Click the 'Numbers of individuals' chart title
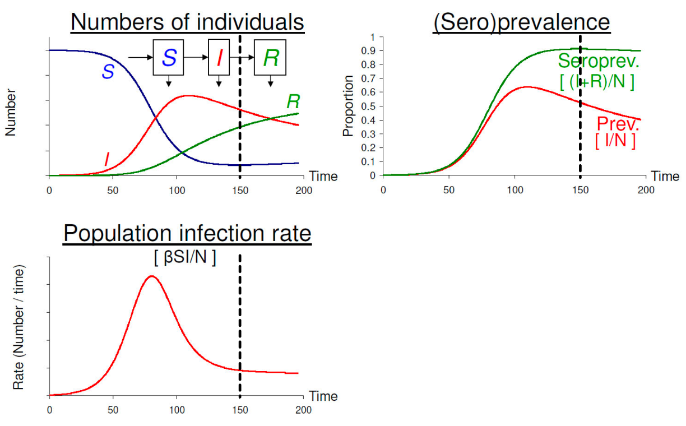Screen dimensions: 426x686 point(188,22)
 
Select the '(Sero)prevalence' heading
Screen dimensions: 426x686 point(521,22)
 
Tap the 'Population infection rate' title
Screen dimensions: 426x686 point(187,233)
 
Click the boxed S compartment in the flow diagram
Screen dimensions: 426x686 point(169,57)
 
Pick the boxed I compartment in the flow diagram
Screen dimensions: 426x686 point(219,57)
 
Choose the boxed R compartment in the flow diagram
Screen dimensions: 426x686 point(270,57)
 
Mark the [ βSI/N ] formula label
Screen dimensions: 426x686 point(185,258)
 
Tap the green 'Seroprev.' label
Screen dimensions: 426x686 point(599,62)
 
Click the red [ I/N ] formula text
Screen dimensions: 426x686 point(615,141)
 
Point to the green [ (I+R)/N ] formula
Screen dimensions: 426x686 point(597,82)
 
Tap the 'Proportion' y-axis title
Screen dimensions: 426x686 point(349,106)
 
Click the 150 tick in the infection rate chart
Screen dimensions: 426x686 point(240,410)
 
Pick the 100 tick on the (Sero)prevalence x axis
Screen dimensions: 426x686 point(514,190)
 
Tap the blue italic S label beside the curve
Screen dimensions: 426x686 point(107,71)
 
